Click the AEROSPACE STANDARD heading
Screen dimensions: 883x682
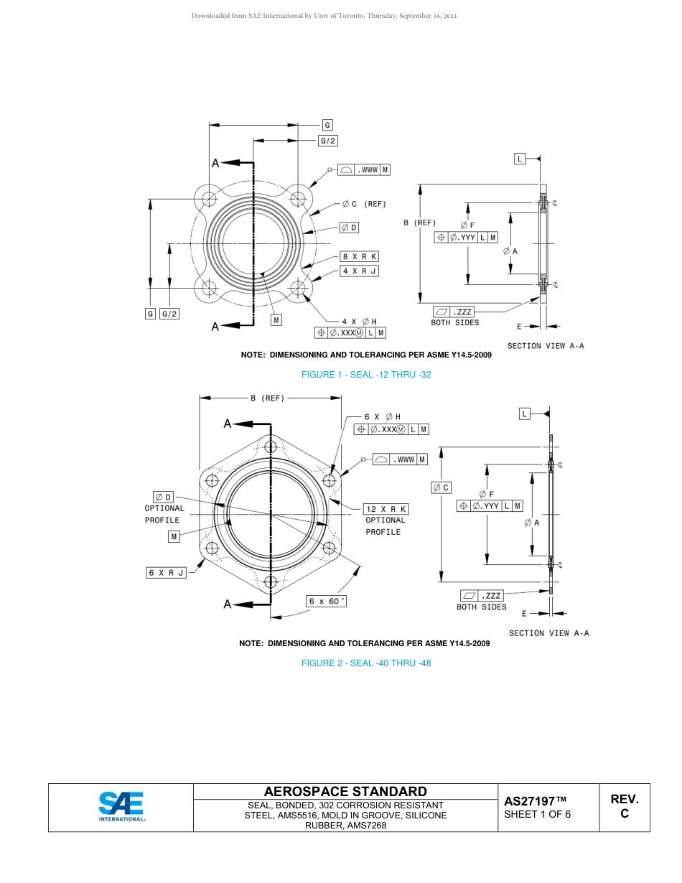coord(345,791)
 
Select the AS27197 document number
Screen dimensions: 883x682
coord(535,800)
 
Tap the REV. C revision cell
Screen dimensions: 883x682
coord(624,806)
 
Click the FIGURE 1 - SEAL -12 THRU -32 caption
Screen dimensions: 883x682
coord(366,375)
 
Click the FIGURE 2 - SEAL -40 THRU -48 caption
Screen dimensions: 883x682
coord(366,663)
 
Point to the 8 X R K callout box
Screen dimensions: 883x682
coord(359,256)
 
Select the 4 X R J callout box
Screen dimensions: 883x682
coord(359,271)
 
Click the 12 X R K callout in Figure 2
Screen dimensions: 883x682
coord(386,509)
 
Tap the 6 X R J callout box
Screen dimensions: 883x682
coord(167,572)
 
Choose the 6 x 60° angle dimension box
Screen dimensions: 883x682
coord(326,601)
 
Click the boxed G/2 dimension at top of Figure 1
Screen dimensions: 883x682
coord(328,141)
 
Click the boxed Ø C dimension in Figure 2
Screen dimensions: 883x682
coord(441,487)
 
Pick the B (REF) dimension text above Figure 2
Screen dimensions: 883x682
coord(267,398)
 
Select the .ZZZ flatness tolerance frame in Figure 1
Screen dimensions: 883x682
coord(453,312)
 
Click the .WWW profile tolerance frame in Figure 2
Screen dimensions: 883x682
coord(400,459)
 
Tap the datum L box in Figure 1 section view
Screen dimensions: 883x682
coord(520,158)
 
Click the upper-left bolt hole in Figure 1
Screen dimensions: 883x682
coord(209,198)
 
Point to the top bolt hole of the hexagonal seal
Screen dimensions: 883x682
coord(271,447)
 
